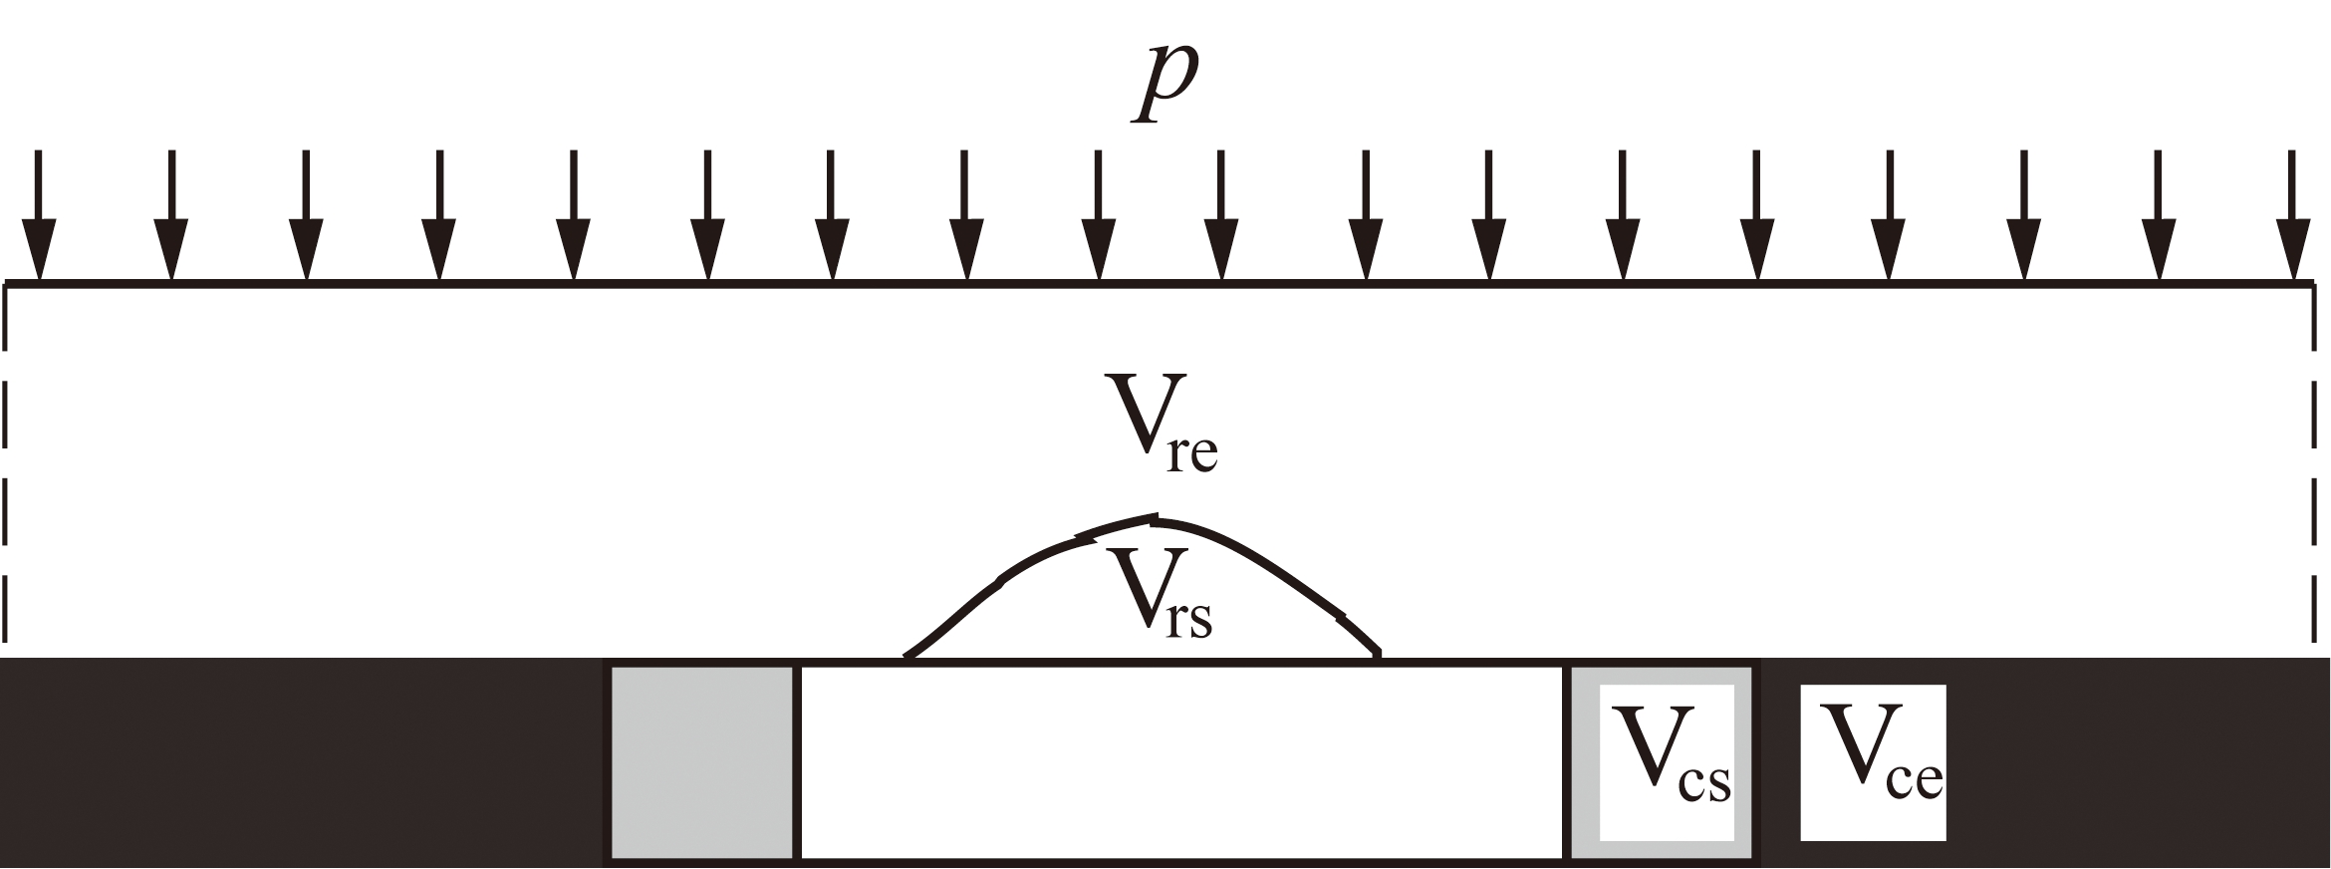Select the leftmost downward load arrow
click(39, 215)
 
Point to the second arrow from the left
click(171, 215)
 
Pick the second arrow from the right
click(2158, 215)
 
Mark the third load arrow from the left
click(306, 215)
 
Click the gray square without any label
click(702, 761)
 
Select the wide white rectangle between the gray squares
click(1181, 761)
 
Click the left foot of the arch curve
click(906, 655)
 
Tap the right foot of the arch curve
click(1379, 655)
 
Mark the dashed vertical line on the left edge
click(7, 468)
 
